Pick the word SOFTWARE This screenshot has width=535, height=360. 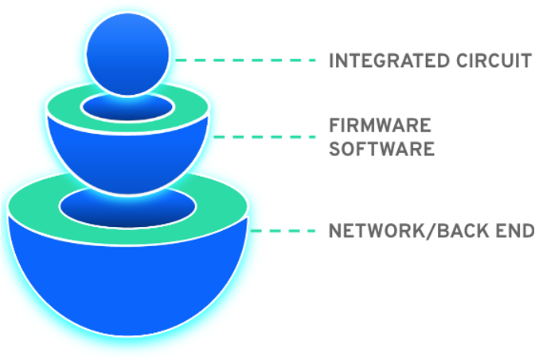(382, 149)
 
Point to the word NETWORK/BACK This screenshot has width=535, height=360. (412, 231)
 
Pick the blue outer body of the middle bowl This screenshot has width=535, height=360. (127, 159)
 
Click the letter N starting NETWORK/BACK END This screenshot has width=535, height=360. (335, 231)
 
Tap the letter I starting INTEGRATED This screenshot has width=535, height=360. (331, 61)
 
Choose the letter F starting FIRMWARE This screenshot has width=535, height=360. (334, 126)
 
